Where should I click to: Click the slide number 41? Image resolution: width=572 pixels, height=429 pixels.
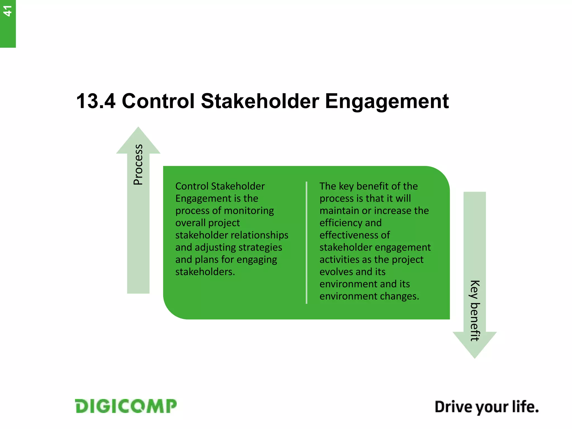click(8, 11)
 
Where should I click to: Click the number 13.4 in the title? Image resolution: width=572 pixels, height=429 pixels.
click(96, 101)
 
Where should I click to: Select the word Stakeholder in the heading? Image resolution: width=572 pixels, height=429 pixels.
click(260, 101)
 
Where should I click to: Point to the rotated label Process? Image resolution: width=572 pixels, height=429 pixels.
click(138, 165)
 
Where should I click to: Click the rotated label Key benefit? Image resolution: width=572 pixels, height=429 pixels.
click(475, 311)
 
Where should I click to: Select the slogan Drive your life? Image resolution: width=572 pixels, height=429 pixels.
click(486, 407)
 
